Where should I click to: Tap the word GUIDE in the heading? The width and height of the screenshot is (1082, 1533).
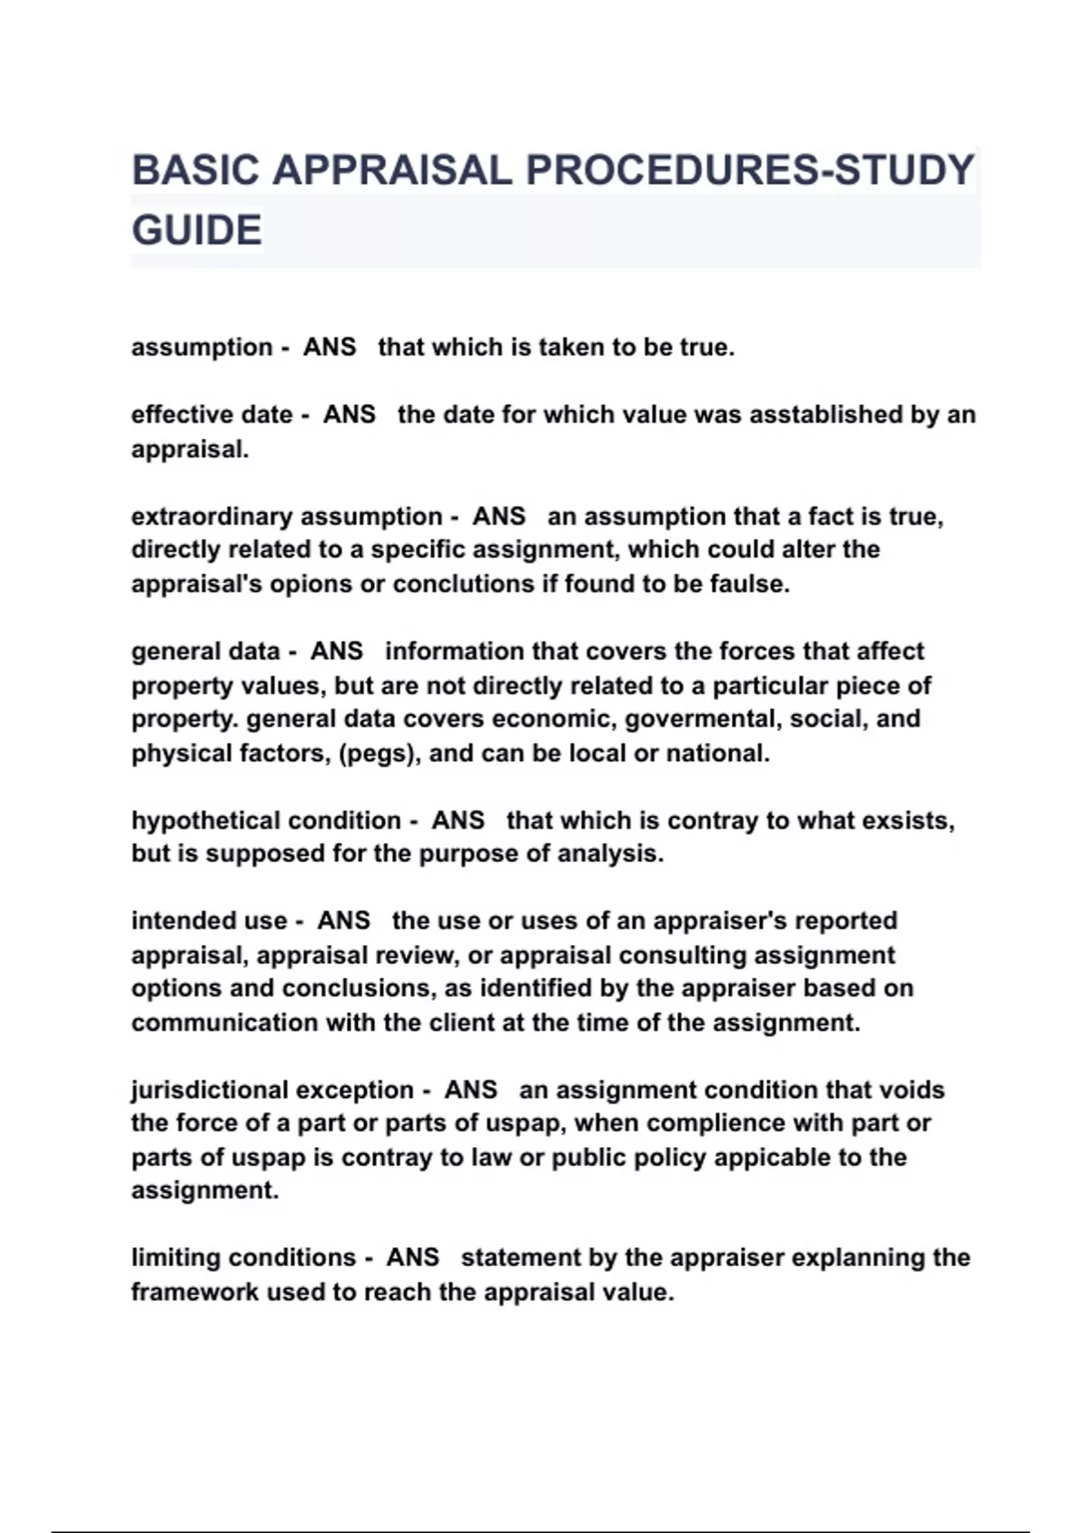197,230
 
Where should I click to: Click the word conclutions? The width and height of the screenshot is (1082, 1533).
463,584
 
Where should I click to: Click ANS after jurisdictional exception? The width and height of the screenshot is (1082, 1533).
470,1089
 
